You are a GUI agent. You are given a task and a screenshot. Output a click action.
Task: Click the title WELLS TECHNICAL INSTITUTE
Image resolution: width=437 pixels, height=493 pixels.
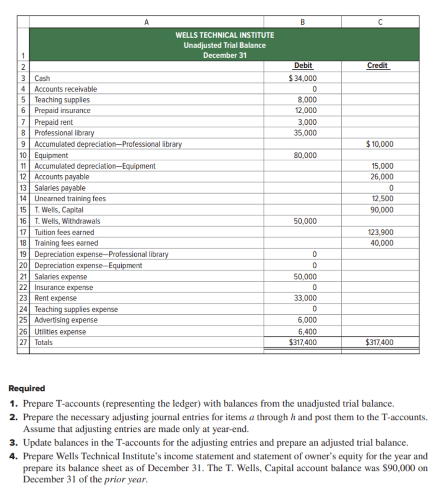224,35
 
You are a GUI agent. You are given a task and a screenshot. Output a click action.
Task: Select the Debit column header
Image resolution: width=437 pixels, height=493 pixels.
303,66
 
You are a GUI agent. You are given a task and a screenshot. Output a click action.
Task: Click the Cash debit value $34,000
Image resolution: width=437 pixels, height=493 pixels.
303,78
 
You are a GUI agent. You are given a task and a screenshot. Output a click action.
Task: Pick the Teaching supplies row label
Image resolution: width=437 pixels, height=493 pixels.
62,100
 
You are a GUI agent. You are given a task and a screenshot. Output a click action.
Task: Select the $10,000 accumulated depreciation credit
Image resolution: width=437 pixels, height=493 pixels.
380,144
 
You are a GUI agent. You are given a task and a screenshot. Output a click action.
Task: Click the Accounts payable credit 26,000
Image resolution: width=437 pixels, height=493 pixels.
382,177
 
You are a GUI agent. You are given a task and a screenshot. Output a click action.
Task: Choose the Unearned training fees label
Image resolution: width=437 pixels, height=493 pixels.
70,199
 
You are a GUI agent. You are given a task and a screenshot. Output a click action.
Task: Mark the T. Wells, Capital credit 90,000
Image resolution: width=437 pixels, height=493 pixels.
382,210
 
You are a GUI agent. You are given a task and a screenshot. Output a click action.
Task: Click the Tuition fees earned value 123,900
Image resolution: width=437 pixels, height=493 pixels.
380,232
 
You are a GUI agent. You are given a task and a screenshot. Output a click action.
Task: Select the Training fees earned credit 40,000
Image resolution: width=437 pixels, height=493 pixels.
382,243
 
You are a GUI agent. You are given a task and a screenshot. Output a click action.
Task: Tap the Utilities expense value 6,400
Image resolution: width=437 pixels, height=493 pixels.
307,332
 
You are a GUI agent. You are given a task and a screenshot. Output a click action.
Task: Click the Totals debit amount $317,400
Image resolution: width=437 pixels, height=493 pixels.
303,343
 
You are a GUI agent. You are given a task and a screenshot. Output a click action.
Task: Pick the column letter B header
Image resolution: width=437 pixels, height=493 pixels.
303,21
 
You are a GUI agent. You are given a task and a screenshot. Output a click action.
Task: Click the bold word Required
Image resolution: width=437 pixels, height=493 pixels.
27,389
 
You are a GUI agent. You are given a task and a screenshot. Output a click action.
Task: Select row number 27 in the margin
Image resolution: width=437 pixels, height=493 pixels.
23,343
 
